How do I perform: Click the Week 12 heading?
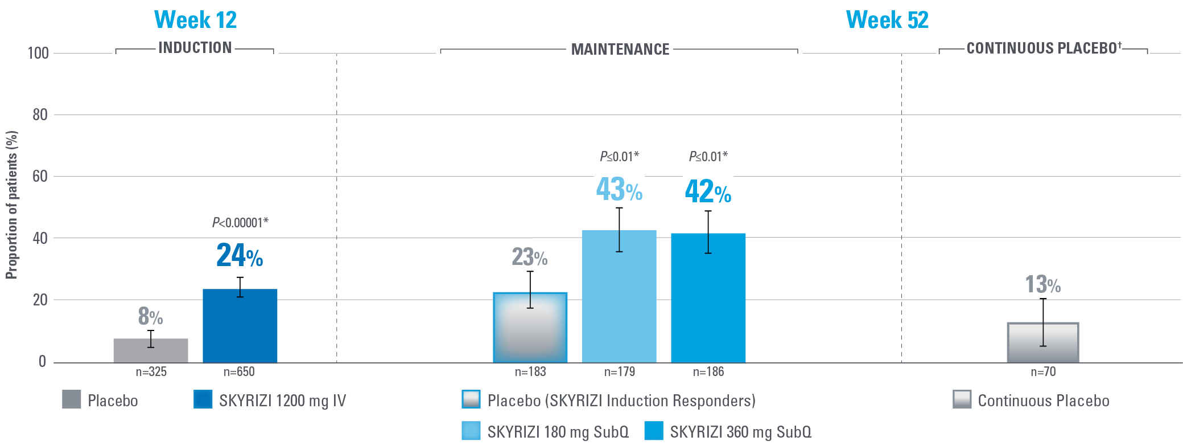[x=195, y=20]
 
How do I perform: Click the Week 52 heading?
[x=887, y=20]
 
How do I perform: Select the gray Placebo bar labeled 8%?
[x=151, y=351]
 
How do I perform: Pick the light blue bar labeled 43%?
[x=619, y=296]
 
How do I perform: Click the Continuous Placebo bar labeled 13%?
[x=1042, y=342]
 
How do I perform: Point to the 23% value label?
[x=530, y=257]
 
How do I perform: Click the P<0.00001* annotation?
[x=240, y=223]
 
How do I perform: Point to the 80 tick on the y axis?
[x=40, y=115]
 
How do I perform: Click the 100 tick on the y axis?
[x=38, y=54]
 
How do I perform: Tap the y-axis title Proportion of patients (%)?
[x=12, y=205]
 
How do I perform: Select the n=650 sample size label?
[x=239, y=372]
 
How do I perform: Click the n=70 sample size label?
[x=1043, y=372]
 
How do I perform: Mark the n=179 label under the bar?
[x=619, y=372]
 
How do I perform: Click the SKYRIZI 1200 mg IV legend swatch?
[x=203, y=399]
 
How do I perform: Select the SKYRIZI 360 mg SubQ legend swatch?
[x=654, y=431]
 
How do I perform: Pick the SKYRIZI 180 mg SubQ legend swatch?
[x=471, y=431]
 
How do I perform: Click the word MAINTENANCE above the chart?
[x=620, y=50]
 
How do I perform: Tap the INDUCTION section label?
[x=195, y=48]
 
